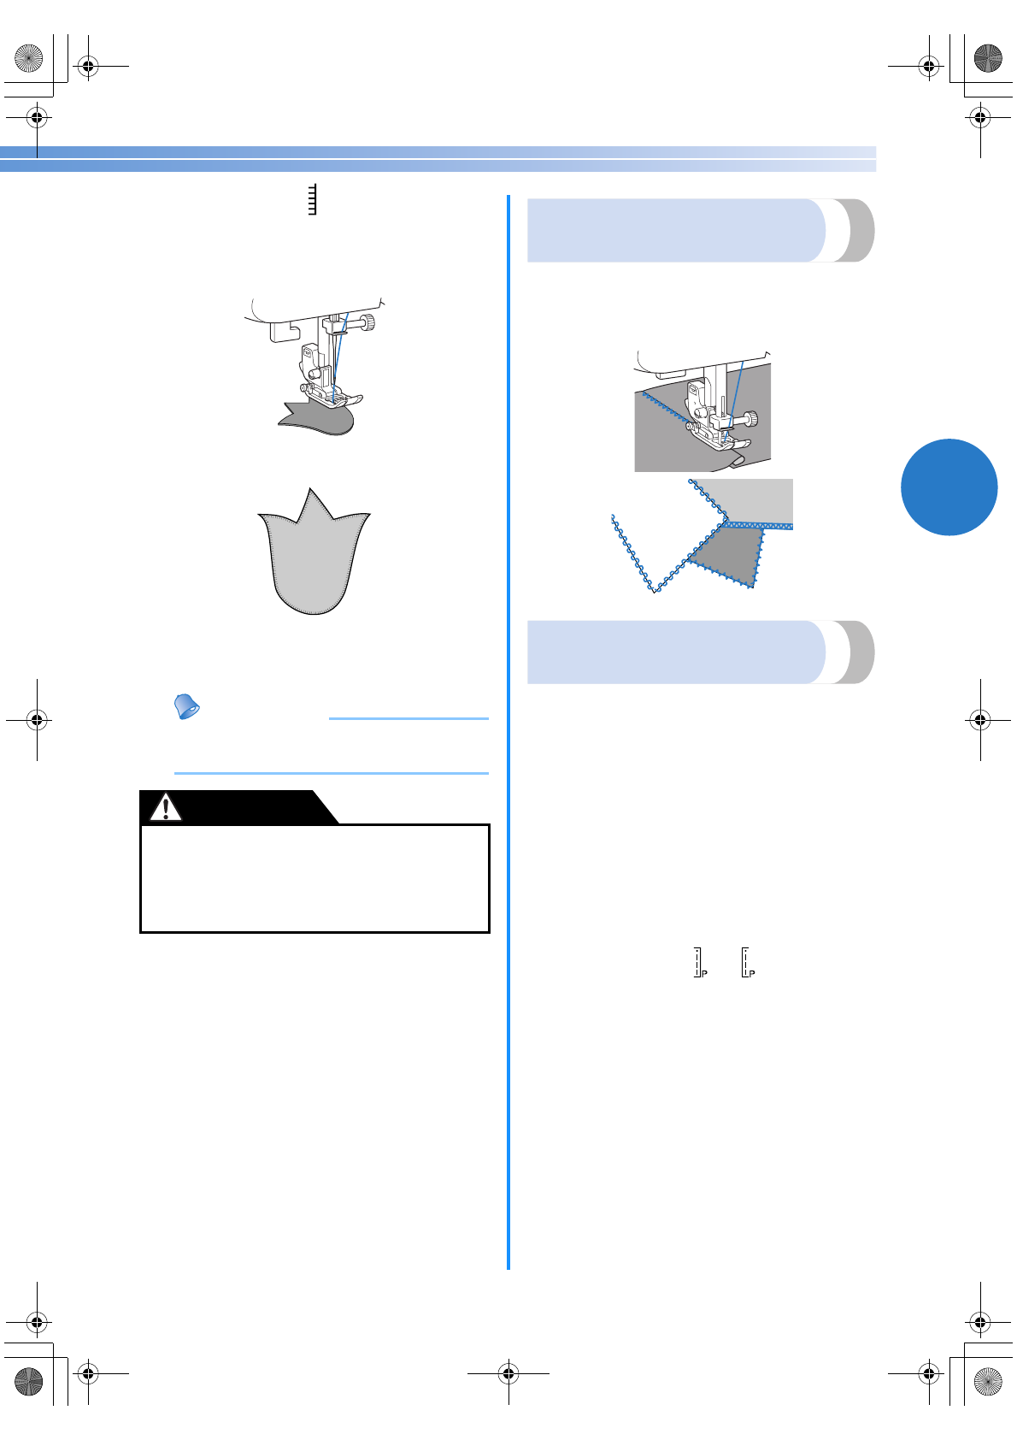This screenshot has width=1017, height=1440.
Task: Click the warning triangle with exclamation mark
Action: coord(166,806)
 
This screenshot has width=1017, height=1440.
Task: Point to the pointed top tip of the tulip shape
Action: coord(309,491)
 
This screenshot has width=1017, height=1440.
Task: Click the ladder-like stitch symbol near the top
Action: coord(312,199)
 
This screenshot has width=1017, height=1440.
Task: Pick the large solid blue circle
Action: coord(949,487)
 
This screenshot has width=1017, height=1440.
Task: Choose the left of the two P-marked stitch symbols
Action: coord(699,962)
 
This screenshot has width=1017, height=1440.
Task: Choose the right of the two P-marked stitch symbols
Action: coord(748,962)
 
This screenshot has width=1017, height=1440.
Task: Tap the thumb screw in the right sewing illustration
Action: coord(751,418)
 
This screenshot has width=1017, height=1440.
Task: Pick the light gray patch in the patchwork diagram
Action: coord(756,500)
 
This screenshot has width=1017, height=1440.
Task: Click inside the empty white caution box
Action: coord(315,878)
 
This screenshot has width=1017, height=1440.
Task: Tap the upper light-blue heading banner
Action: coord(675,230)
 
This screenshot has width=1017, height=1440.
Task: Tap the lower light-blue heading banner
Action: coord(675,652)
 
